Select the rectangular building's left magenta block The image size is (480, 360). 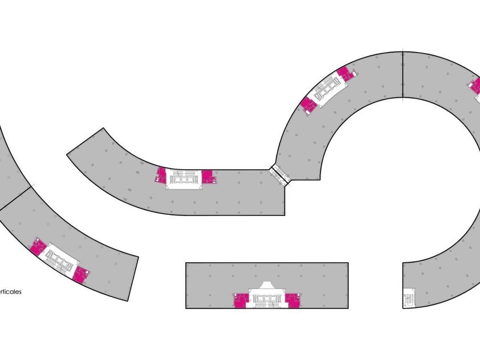coord(241,300)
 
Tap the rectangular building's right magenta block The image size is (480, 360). coord(293,300)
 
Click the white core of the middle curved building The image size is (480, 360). coord(184,179)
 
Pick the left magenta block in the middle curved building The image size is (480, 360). coord(161,175)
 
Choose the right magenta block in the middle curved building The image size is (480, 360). coord(208,176)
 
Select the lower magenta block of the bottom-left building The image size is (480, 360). coord(81,274)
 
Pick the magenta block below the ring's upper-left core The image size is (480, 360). coord(309,105)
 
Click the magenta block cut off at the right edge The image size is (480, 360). coord(475,87)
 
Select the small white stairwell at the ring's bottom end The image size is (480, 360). coord(409,298)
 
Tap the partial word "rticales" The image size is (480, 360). coord(10,291)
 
